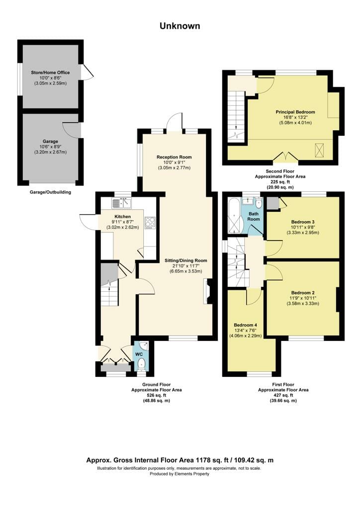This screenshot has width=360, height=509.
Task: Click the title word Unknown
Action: pos(180,26)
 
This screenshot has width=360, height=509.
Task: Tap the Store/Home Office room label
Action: pos(50,73)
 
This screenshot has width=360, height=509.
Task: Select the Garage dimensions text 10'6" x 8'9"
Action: pos(50,147)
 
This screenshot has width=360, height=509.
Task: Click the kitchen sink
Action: pos(121,203)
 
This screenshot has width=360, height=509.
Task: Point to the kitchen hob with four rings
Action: pos(150,222)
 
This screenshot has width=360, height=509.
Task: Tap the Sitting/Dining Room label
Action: pos(185,260)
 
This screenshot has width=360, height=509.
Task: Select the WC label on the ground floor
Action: pos(139,354)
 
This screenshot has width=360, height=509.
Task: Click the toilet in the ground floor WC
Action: pos(141,364)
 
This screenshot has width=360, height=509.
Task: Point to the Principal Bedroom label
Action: pos(295,112)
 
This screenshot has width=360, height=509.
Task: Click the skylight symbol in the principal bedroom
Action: pos(320,150)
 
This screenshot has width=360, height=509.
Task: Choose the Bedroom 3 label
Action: pos(303,222)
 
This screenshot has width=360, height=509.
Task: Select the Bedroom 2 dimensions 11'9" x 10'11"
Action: pos(303,298)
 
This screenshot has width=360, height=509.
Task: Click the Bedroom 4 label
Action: pos(246,325)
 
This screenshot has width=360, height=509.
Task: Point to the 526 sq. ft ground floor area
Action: pos(157,395)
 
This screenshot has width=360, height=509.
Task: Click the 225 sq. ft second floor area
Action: pos(280,182)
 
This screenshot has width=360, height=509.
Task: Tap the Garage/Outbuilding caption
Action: pos(50,192)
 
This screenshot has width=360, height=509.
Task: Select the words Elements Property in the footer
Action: pos(192,474)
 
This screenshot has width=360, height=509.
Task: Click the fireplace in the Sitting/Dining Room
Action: pos(208,291)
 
